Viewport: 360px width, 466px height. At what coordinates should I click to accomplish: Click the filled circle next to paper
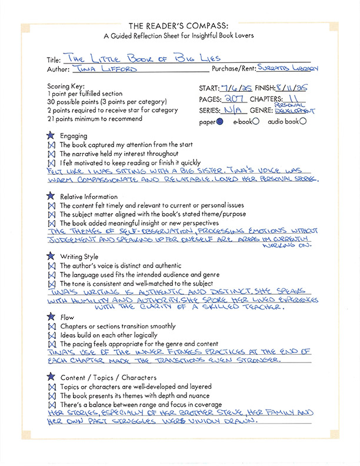coord(220,122)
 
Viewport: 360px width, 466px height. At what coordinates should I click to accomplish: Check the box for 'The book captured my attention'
coord(51,145)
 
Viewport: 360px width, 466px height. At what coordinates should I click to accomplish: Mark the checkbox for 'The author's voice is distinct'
coord(51,266)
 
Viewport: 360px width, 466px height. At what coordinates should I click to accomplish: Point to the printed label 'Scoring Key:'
coord(62,86)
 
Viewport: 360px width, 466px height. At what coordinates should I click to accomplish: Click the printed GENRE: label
coord(259,110)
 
